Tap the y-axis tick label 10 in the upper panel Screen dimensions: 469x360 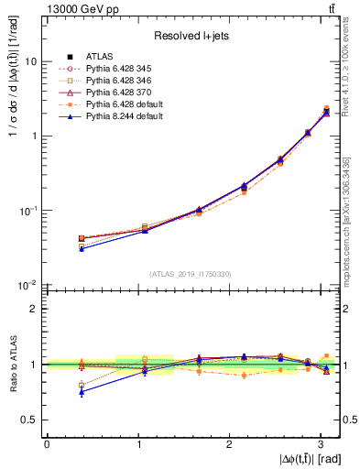click(31, 61)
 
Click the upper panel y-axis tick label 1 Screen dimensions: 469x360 click(34, 136)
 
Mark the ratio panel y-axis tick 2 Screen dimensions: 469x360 click(34, 309)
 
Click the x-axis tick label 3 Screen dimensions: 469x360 click(322, 443)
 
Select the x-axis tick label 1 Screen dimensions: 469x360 click(138, 443)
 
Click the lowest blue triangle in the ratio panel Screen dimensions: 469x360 click(82, 392)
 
